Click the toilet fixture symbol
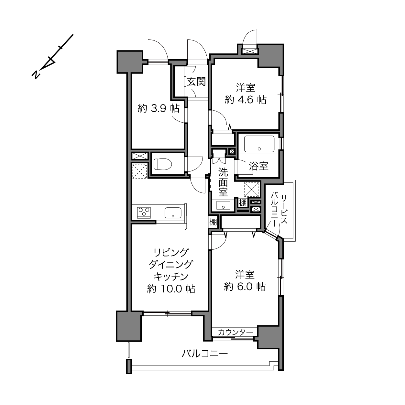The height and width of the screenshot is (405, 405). (x=163, y=164)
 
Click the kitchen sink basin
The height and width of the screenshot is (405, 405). (x=173, y=213)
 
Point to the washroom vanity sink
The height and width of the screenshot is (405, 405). (x=223, y=205)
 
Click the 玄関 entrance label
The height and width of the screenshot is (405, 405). (x=196, y=82)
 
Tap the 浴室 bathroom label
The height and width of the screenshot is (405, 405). (x=258, y=166)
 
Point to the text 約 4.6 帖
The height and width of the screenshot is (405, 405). (x=246, y=100)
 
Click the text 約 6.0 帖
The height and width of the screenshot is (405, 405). (x=245, y=287)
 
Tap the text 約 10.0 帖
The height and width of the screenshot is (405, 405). (x=171, y=289)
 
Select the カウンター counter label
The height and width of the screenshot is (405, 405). (x=235, y=332)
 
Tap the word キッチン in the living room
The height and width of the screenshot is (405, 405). (x=171, y=277)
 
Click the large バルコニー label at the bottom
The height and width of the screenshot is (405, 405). (x=205, y=354)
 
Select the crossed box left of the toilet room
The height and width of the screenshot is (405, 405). (x=140, y=156)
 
